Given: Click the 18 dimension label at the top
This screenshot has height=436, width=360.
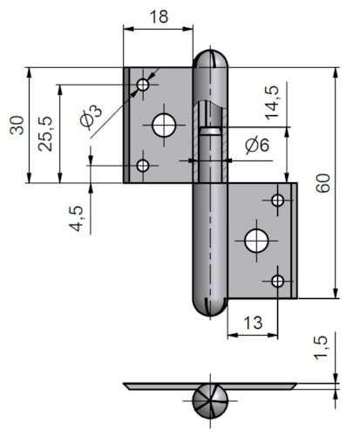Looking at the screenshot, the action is click(x=159, y=17).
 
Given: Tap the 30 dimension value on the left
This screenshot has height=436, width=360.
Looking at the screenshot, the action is click(x=17, y=125).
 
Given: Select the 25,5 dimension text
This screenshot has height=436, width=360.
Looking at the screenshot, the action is click(x=45, y=133).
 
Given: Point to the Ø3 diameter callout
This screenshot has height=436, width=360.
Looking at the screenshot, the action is click(x=91, y=116).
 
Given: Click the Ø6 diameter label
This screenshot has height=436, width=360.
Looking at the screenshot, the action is click(x=257, y=145).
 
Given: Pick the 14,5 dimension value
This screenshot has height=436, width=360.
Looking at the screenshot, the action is click(x=272, y=103).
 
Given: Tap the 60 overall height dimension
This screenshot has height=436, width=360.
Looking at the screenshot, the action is click(x=323, y=183).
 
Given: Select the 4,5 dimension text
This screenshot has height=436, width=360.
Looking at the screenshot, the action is click(x=77, y=219).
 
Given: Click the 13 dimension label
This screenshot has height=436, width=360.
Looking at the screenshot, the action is click(x=253, y=323).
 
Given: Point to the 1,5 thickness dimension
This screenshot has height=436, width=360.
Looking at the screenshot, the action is click(x=321, y=348).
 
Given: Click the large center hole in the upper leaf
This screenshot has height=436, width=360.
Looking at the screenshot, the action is click(x=164, y=126).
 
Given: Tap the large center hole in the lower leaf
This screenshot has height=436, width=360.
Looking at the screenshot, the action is click(x=256, y=241).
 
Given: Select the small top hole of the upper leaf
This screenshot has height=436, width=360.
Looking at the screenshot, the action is click(x=143, y=85).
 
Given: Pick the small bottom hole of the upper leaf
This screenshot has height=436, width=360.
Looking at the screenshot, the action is click(x=143, y=166).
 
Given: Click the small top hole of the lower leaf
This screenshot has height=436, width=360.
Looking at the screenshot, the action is click(x=278, y=201).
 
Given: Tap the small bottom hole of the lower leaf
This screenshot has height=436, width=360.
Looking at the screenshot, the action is click(x=278, y=281).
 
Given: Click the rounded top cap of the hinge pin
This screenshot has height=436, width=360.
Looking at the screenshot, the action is click(x=211, y=59).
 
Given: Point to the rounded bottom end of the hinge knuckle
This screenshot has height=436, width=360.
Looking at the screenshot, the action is click(x=210, y=306).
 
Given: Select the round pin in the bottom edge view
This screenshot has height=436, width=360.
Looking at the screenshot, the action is click(x=210, y=401).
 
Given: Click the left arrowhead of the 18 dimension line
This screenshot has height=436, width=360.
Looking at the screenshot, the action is click(x=128, y=29).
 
